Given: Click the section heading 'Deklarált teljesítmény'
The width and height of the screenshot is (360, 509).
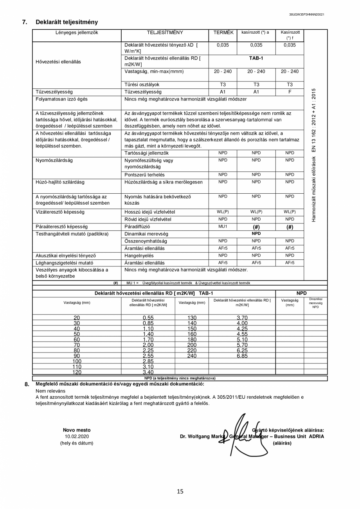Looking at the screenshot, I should [67, 22].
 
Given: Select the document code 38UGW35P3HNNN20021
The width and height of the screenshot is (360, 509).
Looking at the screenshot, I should [306, 14].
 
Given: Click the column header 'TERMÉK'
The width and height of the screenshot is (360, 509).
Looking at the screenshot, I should [223, 32].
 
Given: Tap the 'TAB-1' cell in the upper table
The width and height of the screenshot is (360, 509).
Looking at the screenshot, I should [256, 58].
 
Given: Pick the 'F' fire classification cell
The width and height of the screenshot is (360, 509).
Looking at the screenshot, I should [290, 92].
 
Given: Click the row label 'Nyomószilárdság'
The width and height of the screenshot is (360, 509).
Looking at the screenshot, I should [54, 160].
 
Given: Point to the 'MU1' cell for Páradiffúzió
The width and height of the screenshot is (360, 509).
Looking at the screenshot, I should [223, 227].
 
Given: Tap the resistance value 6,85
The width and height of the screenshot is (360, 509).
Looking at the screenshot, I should [242, 356].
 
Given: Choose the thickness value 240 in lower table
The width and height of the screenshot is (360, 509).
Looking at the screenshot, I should [192, 356].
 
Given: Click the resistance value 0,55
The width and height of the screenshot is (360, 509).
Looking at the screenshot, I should [148, 318].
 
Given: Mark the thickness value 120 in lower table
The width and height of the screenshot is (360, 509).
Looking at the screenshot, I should [77, 372].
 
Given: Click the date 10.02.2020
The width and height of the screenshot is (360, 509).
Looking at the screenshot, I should [77, 436].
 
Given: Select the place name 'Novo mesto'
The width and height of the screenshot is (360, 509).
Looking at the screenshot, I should [77, 430].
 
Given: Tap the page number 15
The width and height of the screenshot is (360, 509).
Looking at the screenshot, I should [180, 491].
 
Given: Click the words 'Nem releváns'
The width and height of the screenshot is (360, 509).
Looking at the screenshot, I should [50, 391].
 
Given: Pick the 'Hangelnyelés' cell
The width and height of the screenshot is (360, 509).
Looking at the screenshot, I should [139, 255].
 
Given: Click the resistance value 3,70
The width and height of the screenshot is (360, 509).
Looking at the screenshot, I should [242, 318].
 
